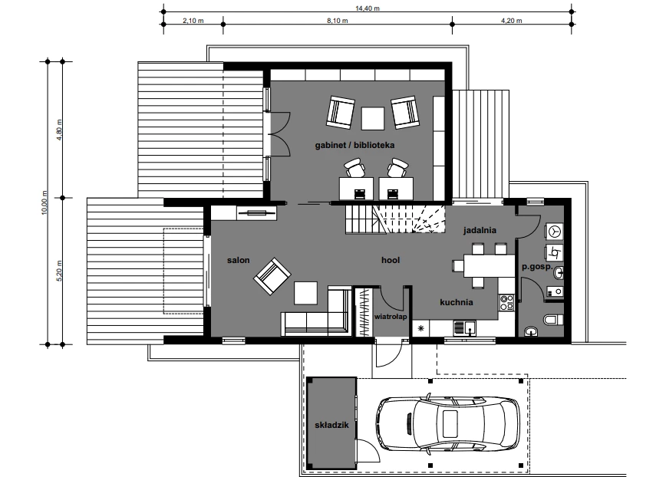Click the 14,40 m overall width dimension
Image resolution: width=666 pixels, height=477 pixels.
pos(368,8)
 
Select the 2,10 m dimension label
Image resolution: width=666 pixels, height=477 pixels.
pos(193,21)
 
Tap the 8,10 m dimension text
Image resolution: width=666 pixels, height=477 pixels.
pos(338,21)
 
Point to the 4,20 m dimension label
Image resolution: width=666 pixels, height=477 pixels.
pos(511,21)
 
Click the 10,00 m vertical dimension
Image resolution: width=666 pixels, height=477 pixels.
pos(45,203)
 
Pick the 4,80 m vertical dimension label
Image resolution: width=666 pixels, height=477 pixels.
pos(60,130)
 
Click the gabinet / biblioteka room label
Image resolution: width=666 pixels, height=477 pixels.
pos(354,145)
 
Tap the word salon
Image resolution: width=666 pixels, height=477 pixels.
pos(239,260)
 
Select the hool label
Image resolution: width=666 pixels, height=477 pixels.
pos(391,260)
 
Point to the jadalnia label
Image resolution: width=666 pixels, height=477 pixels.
pos(480,230)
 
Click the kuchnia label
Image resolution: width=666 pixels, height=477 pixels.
pos(457,302)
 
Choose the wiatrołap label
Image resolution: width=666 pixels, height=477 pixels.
pos(391,317)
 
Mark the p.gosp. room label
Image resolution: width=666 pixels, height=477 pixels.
pos(537,267)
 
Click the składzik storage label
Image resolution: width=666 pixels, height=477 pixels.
pos(331,425)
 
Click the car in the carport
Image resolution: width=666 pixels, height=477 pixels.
pos(447,423)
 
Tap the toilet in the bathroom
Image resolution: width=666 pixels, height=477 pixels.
pos(553,319)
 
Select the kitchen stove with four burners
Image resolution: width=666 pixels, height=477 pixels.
pos(506,303)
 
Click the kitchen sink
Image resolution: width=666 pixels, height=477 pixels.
pos(465,328)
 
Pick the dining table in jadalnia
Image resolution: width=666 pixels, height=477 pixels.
pos(489,265)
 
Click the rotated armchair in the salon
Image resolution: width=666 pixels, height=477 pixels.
pos(272,276)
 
